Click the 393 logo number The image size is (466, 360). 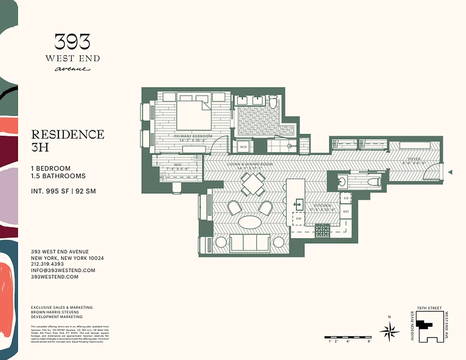pos(72,42)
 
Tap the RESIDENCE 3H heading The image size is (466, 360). pos(67,140)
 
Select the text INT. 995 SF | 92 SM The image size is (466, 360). pos(63,191)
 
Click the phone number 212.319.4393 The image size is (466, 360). pos(47,264)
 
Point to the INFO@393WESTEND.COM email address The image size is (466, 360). pos(63,270)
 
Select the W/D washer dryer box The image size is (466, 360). pos(243,147)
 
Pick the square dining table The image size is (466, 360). pos(253,184)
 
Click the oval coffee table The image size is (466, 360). pos(250,222)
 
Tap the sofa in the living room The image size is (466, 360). pos(250,243)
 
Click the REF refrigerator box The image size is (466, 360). pos(346,211)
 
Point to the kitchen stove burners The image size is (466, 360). pos(322,230)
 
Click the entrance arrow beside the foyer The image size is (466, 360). pos(450,172)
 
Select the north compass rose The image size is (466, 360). pos(389,332)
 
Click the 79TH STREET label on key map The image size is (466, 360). pos(429,308)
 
